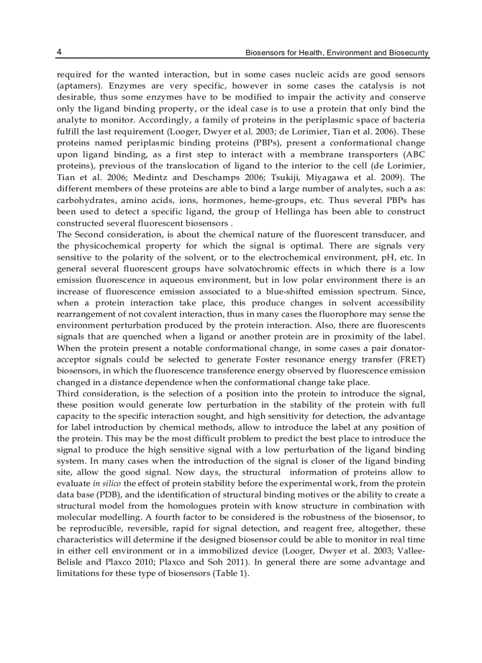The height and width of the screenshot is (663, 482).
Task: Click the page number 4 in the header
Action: [x=59, y=53]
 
